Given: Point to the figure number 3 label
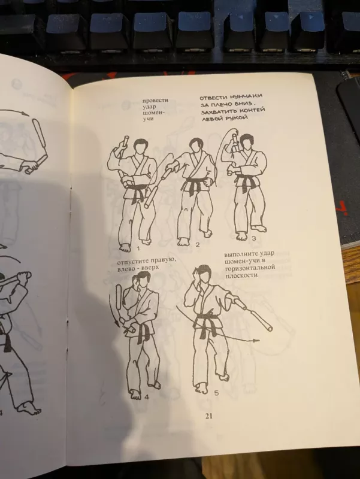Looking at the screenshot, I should pyautogui.click(x=254, y=238).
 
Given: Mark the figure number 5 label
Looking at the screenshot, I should pyautogui.click(x=216, y=392).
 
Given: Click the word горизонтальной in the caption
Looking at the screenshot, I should pyautogui.click(x=248, y=269).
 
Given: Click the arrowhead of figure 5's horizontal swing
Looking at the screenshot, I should pyautogui.click(x=258, y=340).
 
